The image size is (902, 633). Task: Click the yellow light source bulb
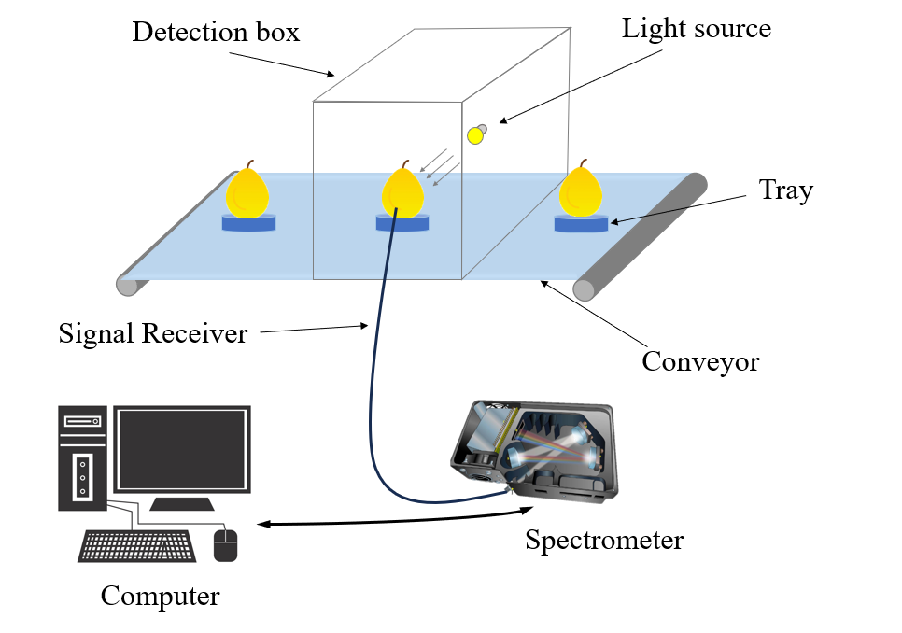pos(475,136)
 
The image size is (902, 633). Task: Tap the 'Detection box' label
pos(216,33)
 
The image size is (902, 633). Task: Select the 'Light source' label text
pos(697,28)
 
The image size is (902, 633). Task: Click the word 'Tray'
pos(785,190)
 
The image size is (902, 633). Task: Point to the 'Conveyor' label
pos(700,360)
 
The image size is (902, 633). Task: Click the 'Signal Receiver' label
pos(152,333)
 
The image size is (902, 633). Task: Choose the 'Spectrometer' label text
pos(603,540)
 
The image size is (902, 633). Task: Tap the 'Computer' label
pos(160,596)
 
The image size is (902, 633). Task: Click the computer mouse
pos(226,544)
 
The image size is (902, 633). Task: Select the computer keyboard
pos(136,545)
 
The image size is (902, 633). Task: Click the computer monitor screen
pos(182,450)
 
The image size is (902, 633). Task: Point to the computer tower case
pos(83,457)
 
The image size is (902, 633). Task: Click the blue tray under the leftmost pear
pos(249,223)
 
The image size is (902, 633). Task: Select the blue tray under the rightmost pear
pos(581,223)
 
